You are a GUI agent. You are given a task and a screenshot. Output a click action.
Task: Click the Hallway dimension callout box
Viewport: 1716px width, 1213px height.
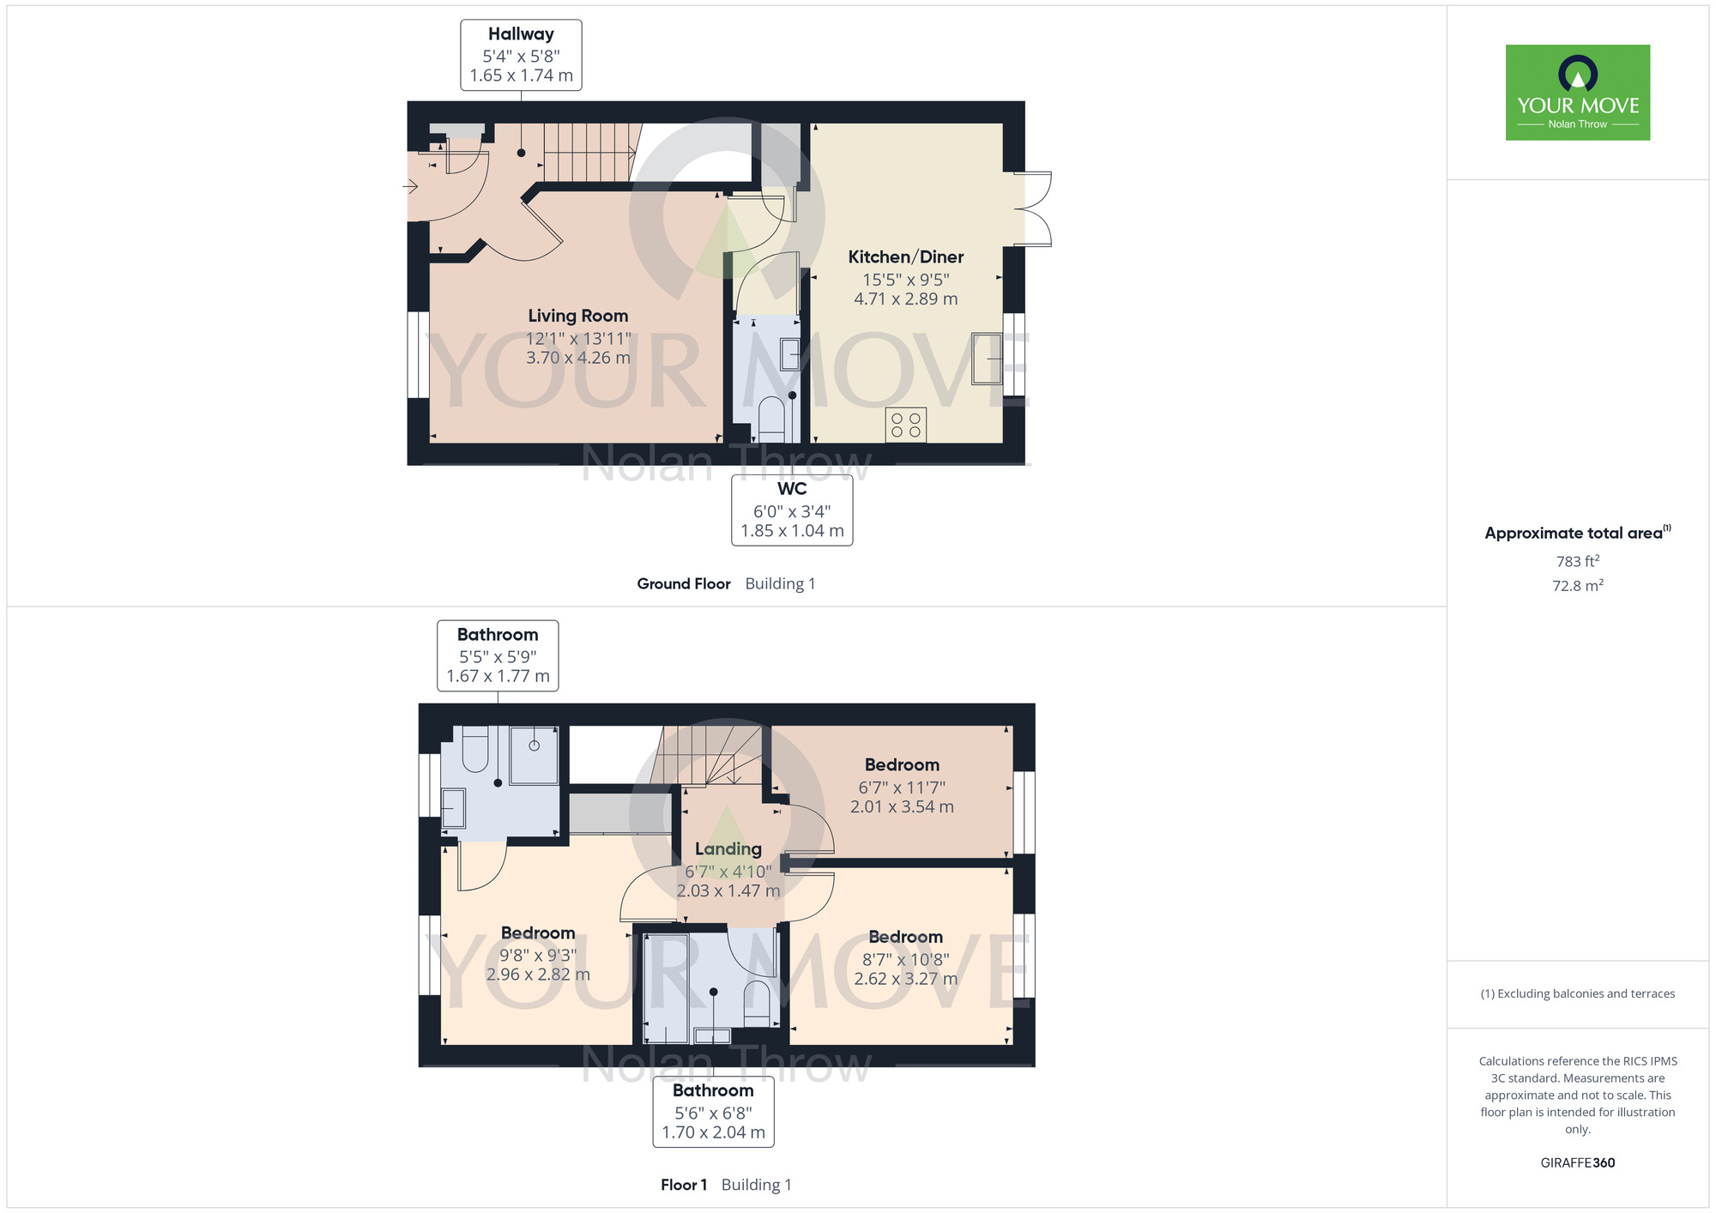click(522, 55)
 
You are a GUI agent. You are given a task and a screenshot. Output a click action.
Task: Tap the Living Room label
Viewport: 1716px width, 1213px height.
click(578, 316)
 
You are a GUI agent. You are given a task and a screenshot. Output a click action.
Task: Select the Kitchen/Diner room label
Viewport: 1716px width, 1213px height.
click(906, 256)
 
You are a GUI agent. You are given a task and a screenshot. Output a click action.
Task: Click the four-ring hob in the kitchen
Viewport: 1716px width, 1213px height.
click(906, 425)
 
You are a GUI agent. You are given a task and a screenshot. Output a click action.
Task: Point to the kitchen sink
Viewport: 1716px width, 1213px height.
click(987, 358)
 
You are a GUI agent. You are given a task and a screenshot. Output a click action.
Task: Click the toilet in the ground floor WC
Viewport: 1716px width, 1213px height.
click(772, 419)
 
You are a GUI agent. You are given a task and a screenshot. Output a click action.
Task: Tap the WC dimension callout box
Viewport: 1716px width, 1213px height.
click(792, 510)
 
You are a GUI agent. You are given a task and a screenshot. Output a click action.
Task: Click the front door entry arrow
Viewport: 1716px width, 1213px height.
click(412, 186)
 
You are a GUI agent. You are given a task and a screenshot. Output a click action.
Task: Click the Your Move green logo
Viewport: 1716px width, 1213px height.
click(1578, 93)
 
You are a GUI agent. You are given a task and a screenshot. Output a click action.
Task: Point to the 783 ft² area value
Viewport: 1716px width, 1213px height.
click(1578, 561)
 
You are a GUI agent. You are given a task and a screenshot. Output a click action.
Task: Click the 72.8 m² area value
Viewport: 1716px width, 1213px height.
click(1578, 585)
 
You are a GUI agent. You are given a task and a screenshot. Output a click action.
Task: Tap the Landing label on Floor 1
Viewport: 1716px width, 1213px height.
click(728, 848)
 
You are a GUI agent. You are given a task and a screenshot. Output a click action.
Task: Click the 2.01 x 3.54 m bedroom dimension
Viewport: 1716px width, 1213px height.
click(902, 806)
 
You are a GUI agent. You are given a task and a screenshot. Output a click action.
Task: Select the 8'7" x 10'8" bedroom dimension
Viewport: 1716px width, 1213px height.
click(906, 959)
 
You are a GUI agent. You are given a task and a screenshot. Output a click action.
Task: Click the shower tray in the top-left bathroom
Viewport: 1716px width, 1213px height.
click(535, 755)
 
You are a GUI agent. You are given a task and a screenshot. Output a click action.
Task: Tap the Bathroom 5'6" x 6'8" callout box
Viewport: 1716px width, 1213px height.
click(714, 1112)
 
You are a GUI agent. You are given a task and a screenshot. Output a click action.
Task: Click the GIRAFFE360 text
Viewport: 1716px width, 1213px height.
click(1578, 1163)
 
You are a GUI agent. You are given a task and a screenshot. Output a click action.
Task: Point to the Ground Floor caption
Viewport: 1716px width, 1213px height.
click(684, 583)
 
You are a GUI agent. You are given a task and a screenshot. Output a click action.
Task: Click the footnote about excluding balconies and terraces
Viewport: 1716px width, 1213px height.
click(1578, 993)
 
